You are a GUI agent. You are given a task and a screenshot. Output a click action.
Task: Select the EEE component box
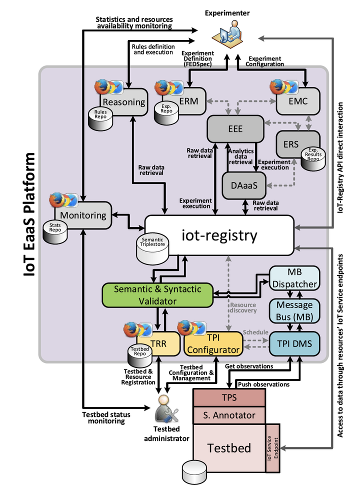[235, 128]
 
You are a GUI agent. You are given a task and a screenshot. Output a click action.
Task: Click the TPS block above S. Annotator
[229, 398]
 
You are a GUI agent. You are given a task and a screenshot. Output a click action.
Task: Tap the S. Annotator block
[229, 415]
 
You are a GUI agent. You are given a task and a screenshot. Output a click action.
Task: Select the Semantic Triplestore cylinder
[153, 248]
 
